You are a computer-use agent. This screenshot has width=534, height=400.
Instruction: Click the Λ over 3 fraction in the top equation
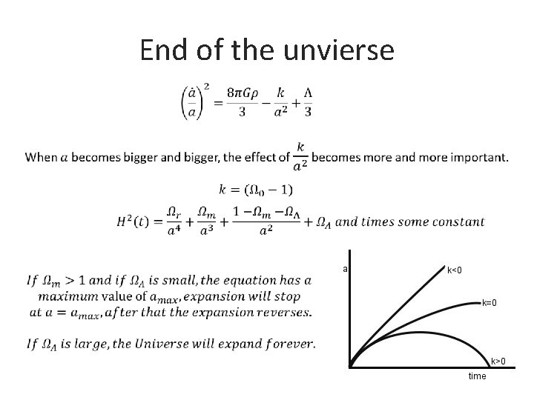307,101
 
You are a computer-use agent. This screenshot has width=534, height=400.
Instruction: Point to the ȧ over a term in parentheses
193,102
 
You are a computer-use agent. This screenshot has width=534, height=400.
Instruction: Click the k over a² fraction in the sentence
301,156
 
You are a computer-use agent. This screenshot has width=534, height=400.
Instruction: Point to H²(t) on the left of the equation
136,221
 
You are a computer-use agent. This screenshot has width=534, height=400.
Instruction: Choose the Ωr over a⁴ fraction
172,221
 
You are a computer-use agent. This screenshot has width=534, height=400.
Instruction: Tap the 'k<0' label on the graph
453,270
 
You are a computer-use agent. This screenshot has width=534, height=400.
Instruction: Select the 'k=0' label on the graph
489,303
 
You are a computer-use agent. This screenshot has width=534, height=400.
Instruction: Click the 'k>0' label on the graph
498,361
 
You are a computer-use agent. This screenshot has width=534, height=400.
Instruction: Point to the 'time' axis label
477,376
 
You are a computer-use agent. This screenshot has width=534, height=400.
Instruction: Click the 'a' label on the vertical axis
346,269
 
